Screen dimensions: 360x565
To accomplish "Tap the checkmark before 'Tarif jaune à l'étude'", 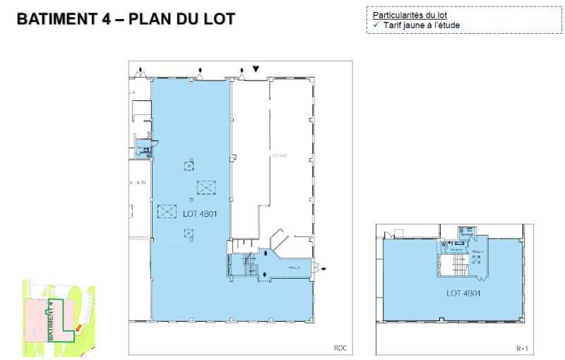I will tap(376, 25).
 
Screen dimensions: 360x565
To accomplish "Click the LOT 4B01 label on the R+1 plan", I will tap(463, 293).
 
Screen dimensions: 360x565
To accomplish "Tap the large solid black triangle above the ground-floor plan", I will tap(256, 68).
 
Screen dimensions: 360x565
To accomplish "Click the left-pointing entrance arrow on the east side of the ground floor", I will tap(323, 268).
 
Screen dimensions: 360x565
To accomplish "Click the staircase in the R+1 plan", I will tap(452, 266).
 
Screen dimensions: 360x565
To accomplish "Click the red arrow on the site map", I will tap(78, 327).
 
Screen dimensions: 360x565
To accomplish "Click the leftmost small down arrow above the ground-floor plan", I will tap(141, 70).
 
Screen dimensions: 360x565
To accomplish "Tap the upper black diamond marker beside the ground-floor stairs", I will tap(266, 253).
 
